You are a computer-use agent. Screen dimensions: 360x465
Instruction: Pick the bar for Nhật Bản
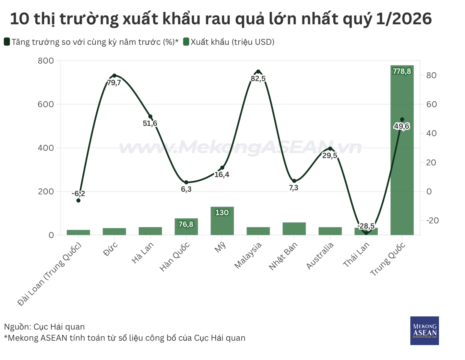(294, 229)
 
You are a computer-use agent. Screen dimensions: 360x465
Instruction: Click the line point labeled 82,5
(258, 72)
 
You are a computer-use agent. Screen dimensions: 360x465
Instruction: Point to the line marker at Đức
(114, 76)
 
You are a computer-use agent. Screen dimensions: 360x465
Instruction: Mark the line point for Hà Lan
(150, 117)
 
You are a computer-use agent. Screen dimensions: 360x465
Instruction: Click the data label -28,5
(366, 226)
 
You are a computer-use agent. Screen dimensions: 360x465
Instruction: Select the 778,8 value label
(402, 71)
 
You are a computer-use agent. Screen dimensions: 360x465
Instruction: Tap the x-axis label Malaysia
(248, 255)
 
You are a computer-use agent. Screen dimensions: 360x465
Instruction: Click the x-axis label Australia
(320, 256)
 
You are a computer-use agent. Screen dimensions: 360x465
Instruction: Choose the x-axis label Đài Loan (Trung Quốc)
(50, 274)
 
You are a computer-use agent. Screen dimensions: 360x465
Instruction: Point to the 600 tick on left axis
(46, 104)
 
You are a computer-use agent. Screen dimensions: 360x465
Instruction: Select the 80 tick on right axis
(431, 75)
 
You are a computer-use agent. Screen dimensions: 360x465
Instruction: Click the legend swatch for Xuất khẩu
(186, 42)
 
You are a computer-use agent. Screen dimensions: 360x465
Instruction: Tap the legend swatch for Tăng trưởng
(7, 42)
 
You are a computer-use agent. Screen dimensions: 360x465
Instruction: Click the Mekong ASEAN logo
(424, 330)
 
